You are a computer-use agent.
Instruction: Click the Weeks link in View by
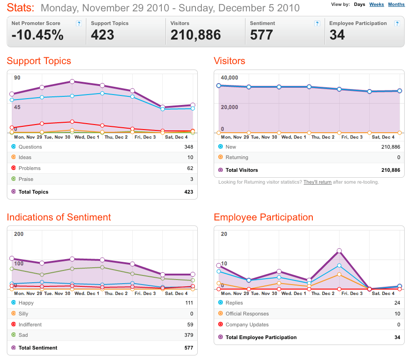click(x=376, y=5)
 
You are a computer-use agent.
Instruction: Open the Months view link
click(x=396, y=5)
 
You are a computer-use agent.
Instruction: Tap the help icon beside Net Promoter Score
click(x=79, y=24)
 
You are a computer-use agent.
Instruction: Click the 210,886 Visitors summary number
click(x=195, y=35)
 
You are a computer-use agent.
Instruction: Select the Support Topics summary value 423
click(x=102, y=35)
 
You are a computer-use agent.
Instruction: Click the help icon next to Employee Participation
click(x=397, y=24)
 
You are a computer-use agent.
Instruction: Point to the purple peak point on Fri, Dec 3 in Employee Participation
click(x=339, y=251)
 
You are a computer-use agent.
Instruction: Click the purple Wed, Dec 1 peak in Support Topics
click(x=72, y=81)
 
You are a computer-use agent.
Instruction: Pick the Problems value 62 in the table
click(x=190, y=168)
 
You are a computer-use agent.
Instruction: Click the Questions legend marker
click(x=13, y=146)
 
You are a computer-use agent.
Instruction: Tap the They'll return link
click(x=317, y=182)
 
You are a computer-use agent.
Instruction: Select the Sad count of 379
click(x=189, y=335)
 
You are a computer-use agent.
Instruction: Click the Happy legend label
click(x=26, y=303)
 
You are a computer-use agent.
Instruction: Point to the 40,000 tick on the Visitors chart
click(x=229, y=78)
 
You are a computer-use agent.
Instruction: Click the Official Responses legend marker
click(x=221, y=313)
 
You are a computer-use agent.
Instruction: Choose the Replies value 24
click(x=397, y=303)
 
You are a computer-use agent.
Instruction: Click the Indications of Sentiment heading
click(x=59, y=217)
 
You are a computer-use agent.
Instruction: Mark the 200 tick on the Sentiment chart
click(x=19, y=234)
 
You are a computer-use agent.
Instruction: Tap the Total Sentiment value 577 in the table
click(x=189, y=348)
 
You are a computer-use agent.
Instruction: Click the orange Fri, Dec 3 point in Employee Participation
click(x=339, y=275)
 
